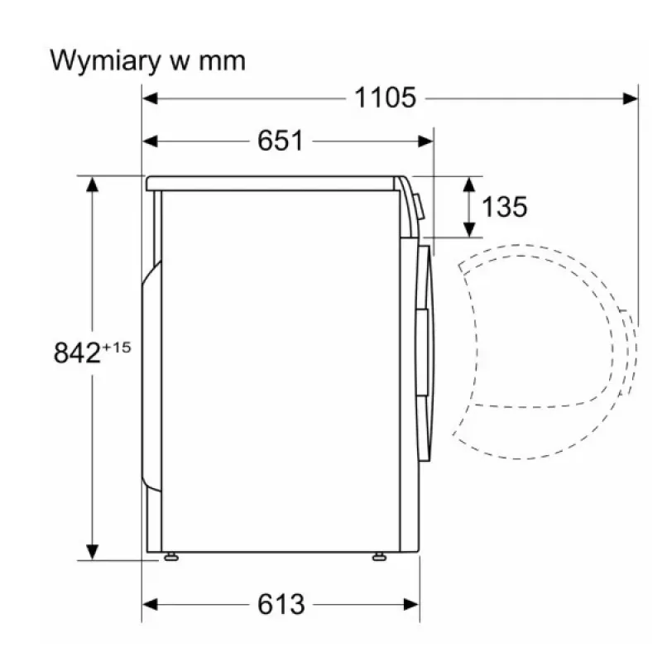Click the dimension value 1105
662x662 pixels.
click(385, 98)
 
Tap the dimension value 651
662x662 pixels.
click(281, 141)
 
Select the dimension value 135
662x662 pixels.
click(505, 207)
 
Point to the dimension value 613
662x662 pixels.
click(281, 604)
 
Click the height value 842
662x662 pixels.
click(77, 353)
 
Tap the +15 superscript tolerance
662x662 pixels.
click(117, 348)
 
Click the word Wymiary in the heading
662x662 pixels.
click(106, 62)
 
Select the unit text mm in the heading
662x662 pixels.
click(222, 62)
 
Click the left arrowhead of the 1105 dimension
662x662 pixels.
click(150, 98)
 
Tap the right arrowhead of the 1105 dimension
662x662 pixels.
click(631, 98)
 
